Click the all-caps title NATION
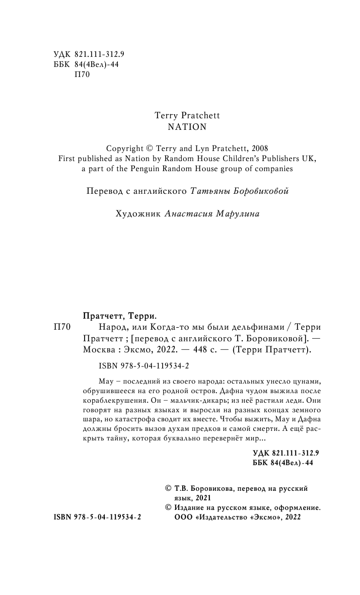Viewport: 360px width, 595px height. (x=187, y=127)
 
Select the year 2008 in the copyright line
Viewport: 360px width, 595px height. (x=258, y=148)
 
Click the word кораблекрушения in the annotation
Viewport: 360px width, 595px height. (x=115, y=401)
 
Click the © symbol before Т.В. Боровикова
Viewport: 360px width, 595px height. (x=168, y=488)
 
